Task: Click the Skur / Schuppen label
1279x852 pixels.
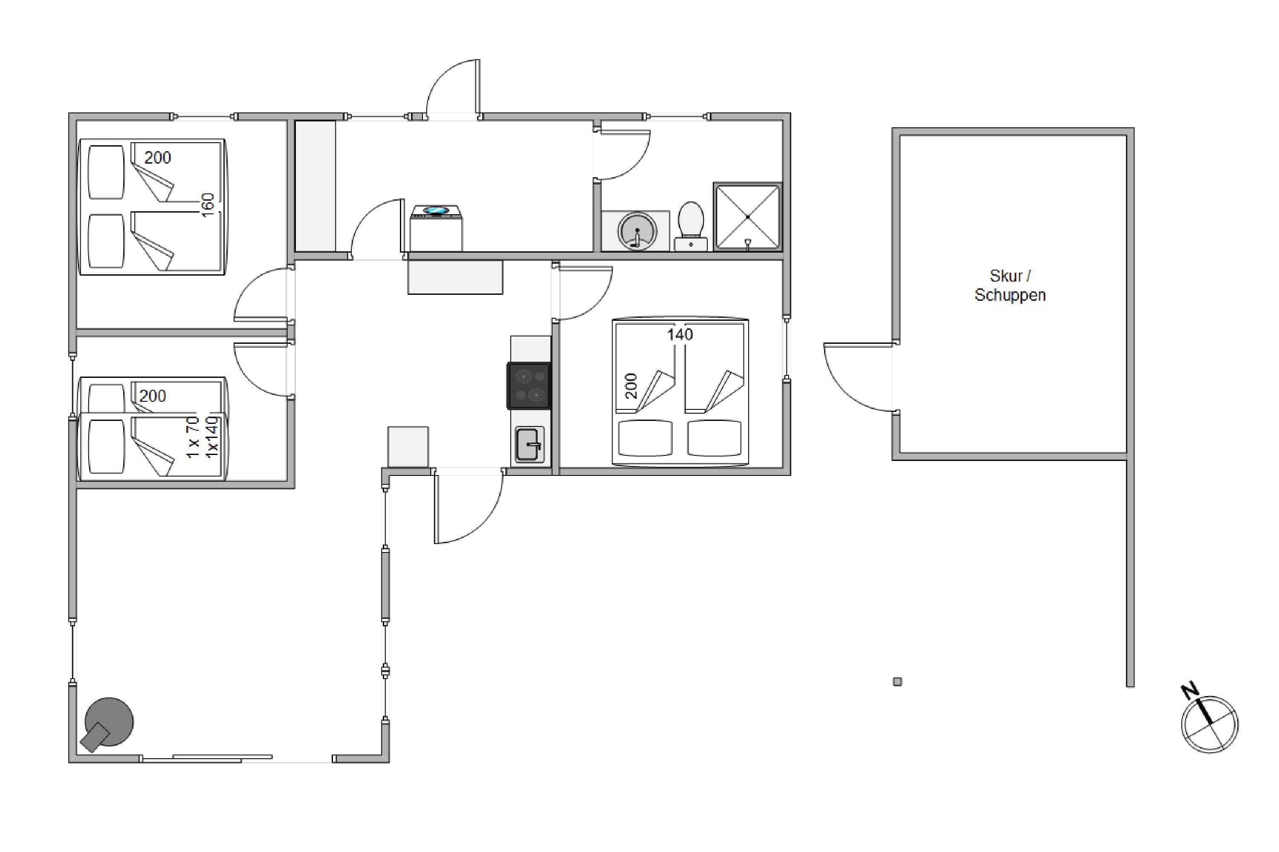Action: (1010, 286)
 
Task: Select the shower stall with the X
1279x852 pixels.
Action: (748, 217)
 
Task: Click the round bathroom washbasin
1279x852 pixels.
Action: (637, 231)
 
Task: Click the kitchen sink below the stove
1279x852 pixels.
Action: (529, 444)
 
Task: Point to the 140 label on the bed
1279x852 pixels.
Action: (680, 334)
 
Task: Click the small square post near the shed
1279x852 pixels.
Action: (897, 681)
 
